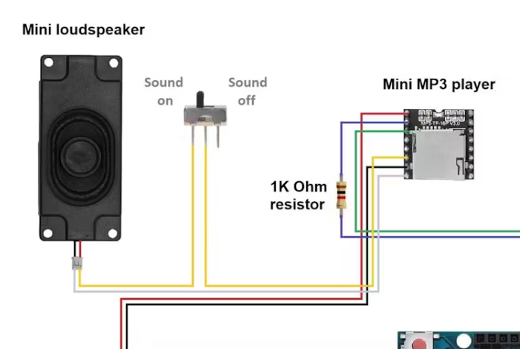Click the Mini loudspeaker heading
(83, 30)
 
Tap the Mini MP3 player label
(438, 85)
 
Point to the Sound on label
(163, 91)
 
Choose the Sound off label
(247, 91)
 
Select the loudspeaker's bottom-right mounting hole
(113, 232)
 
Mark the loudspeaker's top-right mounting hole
(113, 64)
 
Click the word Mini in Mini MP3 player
(396, 85)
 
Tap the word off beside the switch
(247, 100)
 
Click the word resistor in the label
(297, 204)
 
